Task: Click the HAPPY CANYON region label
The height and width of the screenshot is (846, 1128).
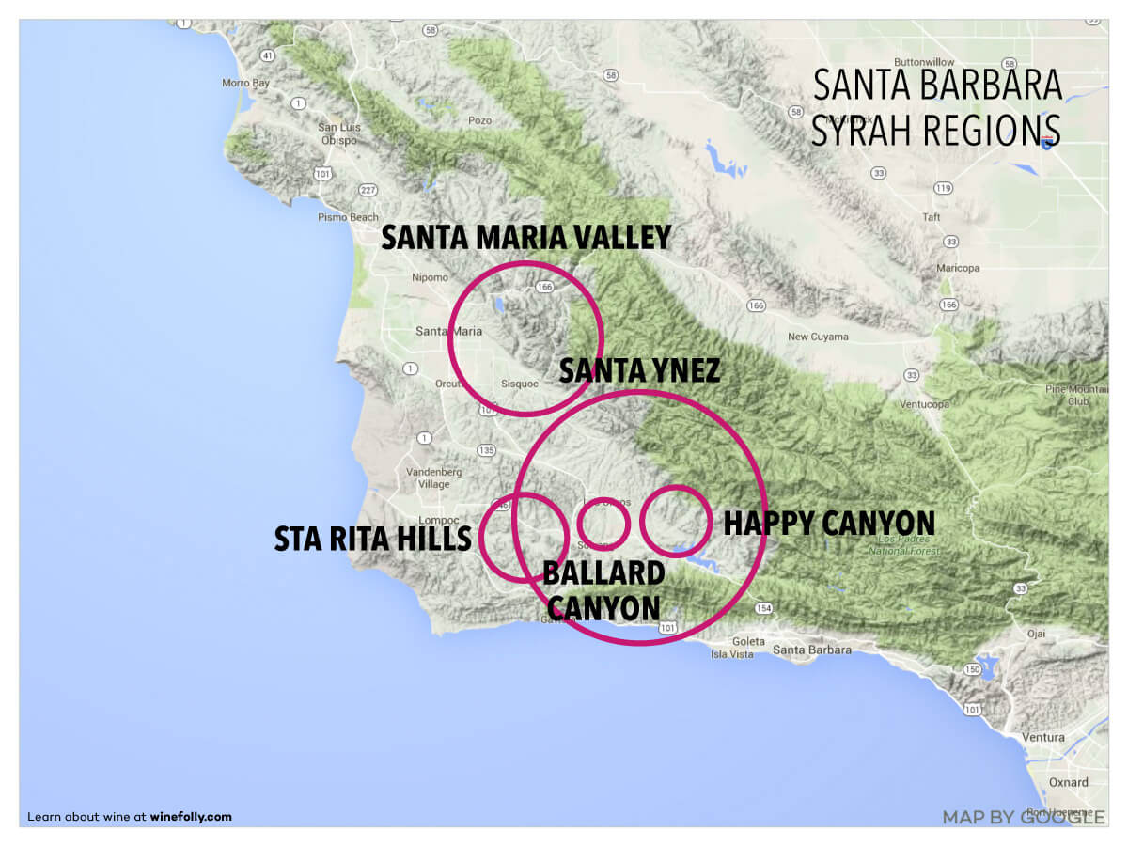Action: click(828, 524)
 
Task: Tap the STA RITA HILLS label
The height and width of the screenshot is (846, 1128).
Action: click(372, 540)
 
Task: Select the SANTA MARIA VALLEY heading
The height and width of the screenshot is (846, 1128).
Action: click(525, 238)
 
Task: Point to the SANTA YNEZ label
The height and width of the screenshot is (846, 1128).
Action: click(639, 371)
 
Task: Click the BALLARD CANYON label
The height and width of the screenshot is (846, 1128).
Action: click(603, 589)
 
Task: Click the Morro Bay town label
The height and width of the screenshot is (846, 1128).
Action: click(245, 83)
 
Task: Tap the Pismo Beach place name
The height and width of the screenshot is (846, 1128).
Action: click(350, 217)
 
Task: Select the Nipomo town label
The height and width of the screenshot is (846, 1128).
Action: click(431, 277)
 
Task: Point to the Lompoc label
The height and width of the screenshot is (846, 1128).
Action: click(437, 520)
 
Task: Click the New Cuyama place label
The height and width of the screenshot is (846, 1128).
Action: click(818, 337)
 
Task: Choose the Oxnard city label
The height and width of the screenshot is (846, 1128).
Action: click(1069, 782)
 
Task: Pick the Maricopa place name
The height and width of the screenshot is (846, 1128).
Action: click(957, 268)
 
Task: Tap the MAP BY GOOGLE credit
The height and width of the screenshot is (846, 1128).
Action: click(1023, 817)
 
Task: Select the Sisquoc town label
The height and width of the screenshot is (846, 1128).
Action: click(519, 384)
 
